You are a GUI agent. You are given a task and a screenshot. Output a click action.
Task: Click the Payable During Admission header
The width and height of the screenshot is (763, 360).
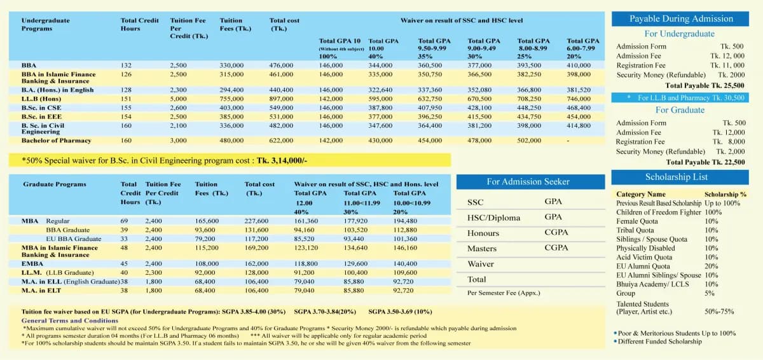click(681, 19)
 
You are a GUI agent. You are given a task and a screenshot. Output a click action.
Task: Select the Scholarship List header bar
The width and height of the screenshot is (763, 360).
click(680, 177)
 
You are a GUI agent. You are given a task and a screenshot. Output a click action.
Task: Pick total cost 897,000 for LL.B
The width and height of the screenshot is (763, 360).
click(282, 99)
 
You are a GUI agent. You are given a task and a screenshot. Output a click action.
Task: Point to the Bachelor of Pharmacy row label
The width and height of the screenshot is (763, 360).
click(56, 141)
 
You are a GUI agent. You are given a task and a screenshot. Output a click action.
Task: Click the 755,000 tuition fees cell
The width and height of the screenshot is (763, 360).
click(232, 99)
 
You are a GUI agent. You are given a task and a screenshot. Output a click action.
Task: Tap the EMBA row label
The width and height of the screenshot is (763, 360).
click(33, 263)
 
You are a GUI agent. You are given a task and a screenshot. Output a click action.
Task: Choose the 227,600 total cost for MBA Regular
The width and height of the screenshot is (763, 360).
click(257, 221)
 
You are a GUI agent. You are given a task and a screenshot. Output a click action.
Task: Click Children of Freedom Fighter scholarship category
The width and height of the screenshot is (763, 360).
click(659, 212)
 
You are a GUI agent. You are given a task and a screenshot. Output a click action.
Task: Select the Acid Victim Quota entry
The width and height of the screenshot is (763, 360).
click(644, 258)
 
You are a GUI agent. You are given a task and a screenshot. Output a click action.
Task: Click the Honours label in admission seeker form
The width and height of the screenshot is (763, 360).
click(483, 233)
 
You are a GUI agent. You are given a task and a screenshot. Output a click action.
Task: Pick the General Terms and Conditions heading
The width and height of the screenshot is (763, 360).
click(60, 321)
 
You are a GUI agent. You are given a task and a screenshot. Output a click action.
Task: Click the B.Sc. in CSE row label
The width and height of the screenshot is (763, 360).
click(43, 107)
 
